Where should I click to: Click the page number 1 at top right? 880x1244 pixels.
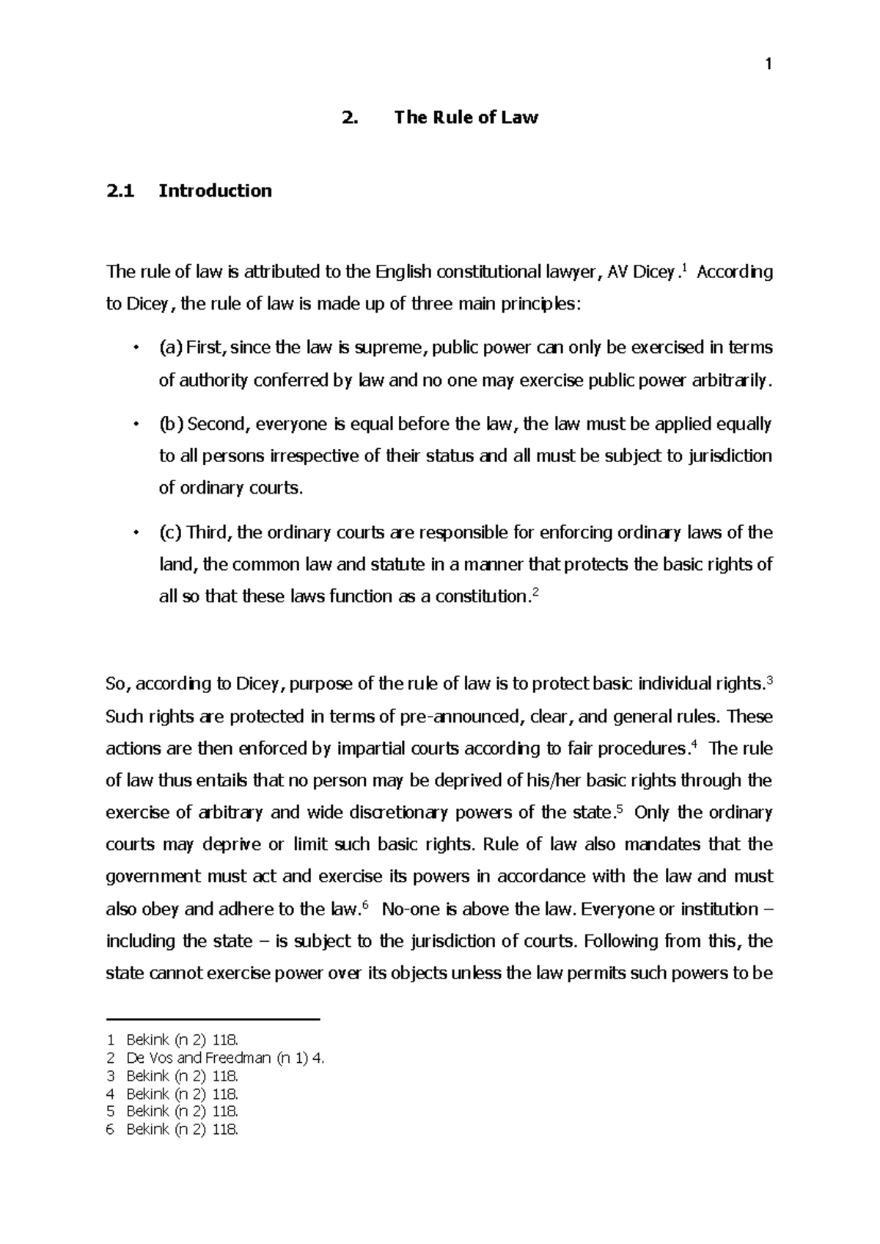[768, 65]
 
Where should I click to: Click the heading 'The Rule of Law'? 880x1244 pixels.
[466, 117]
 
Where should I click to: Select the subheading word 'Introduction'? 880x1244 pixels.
[215, 191]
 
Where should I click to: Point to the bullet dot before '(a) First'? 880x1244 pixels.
[135, 348]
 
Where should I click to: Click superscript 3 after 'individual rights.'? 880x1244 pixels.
[769, 678]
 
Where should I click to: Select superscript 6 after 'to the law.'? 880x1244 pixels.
[365, 904]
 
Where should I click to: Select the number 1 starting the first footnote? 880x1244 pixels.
[111, 1039]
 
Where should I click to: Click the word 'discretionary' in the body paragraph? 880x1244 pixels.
[399, 813]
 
